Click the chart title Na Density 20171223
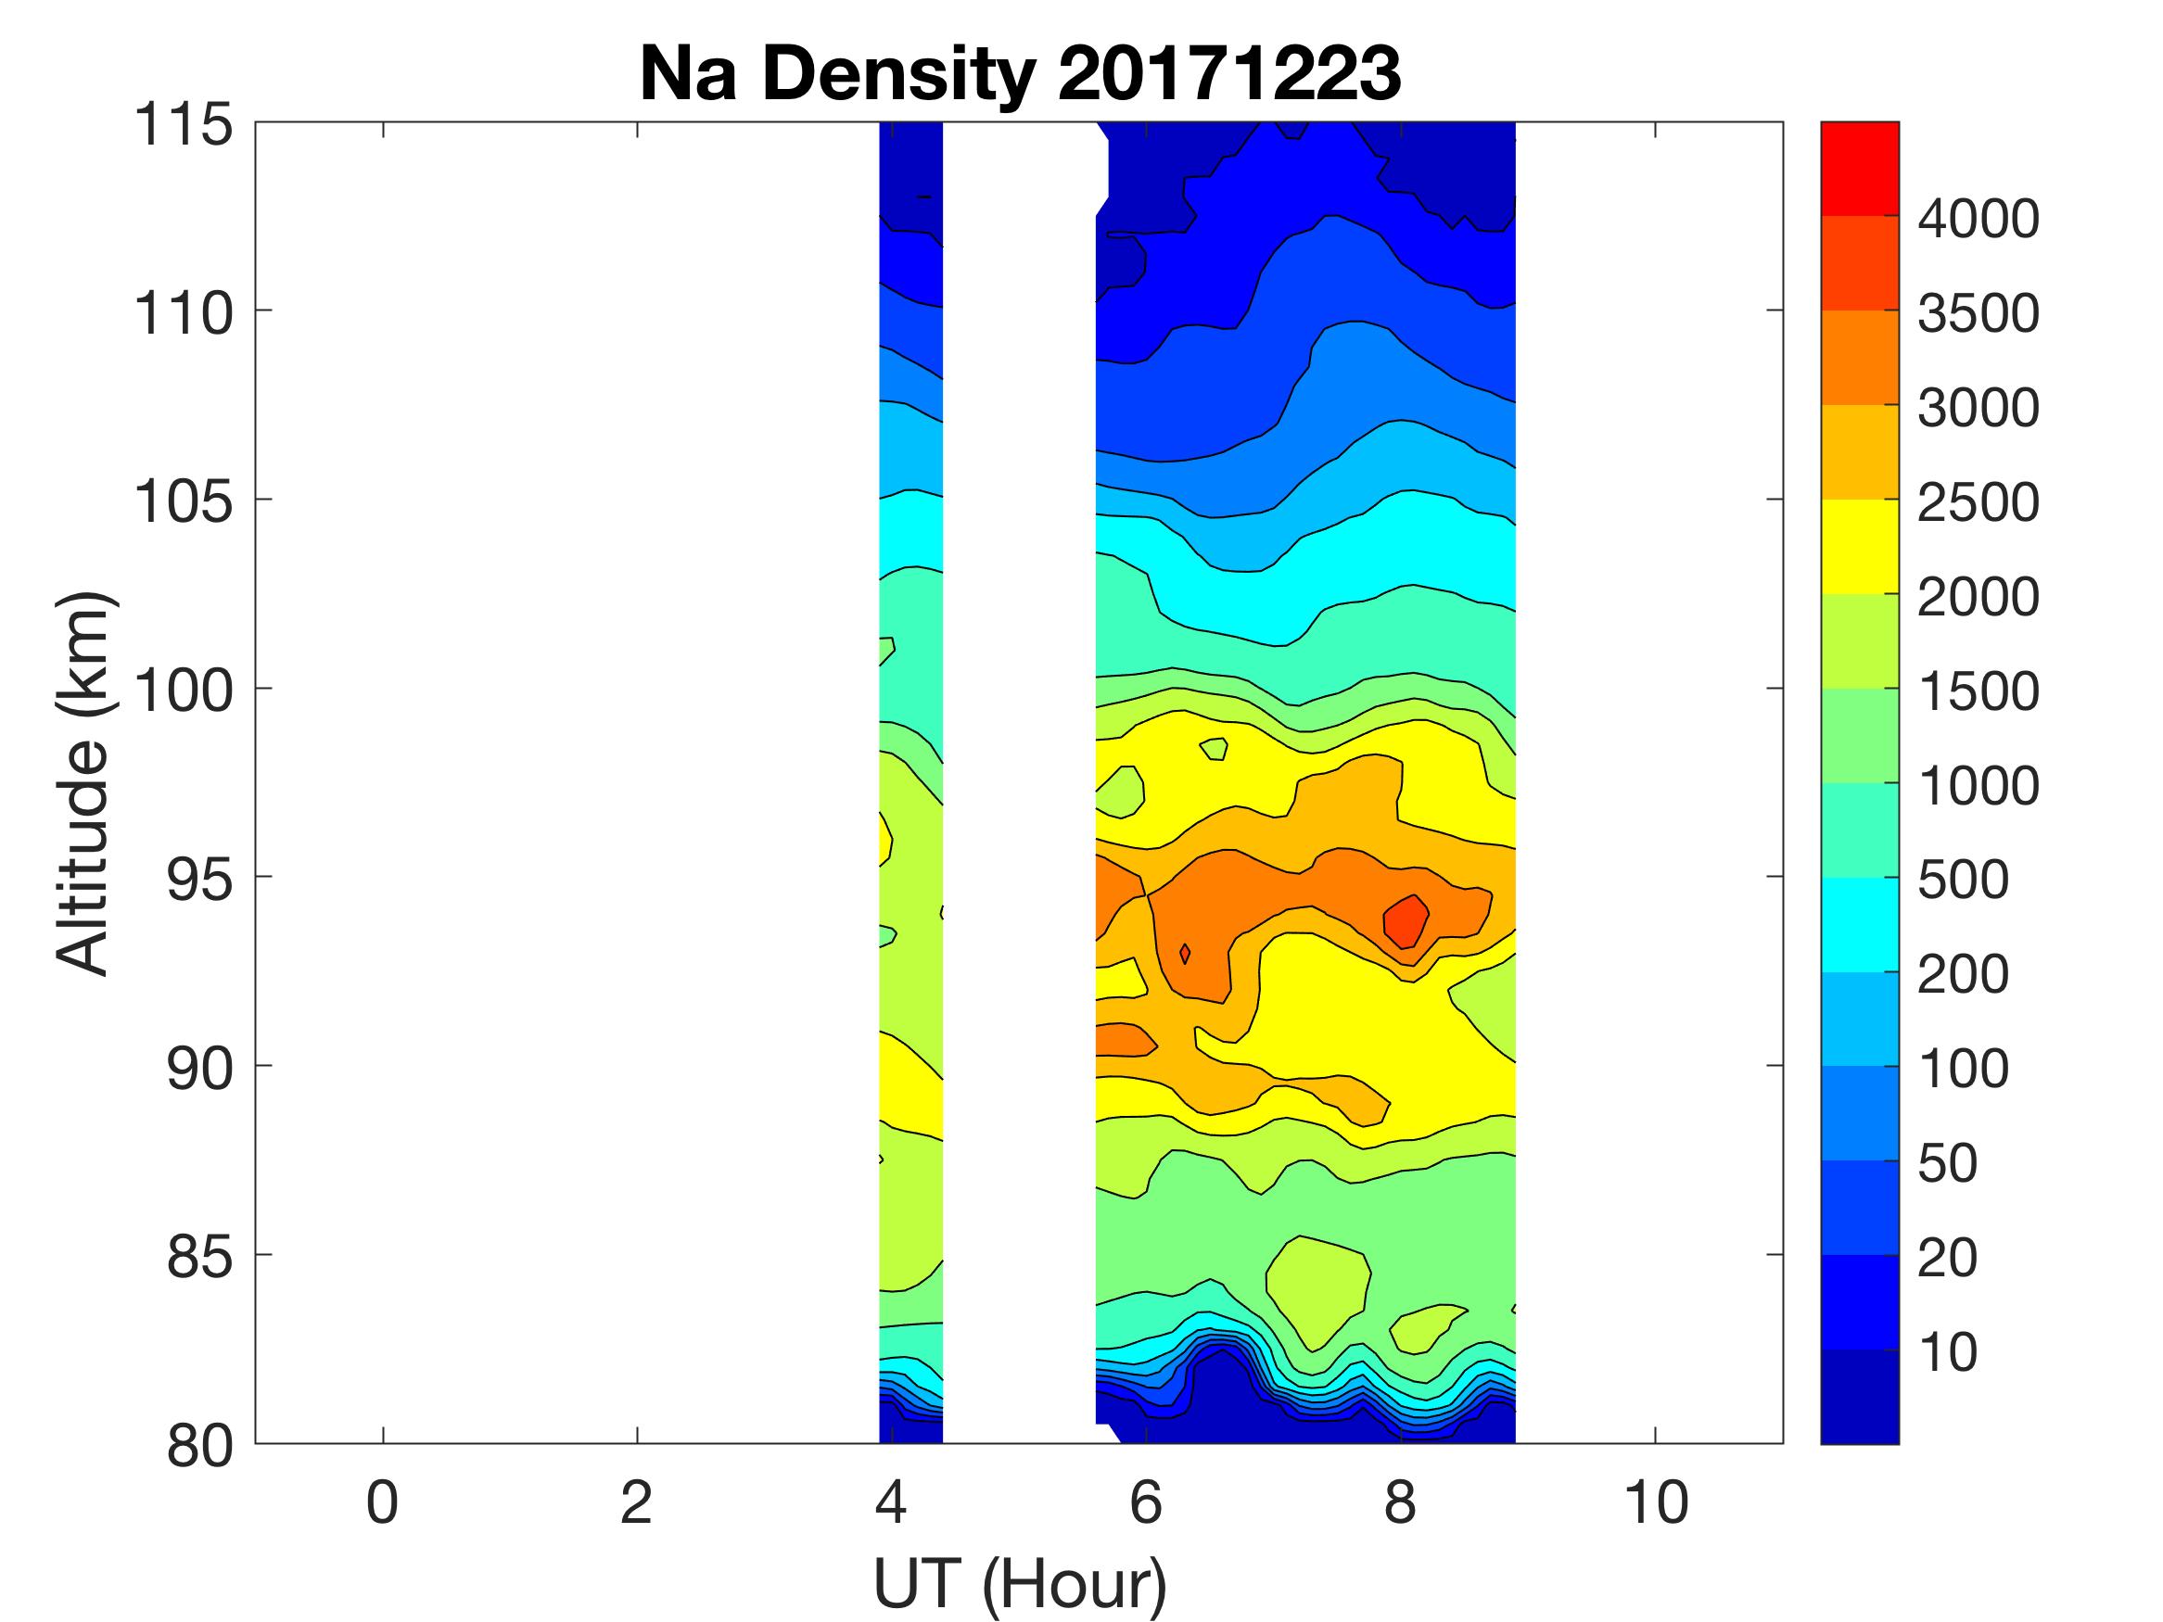pyautogui.click(x=1019, y=74)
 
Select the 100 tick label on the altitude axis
pyautogui.click(x=184, y=691)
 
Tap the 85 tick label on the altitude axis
pyautogui.click(x=199, y=1256)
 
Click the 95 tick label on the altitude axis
pyautogui.click(x=199, y=879)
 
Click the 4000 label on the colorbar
pyautogui.click(x=1978, y=219)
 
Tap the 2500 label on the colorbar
pyautogui.click(x=1978, y=502)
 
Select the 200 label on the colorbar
pyautogui.click(x=1963, y=974)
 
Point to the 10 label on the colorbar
pyautogui.click(x=1948, y=1351)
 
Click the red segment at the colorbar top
pyautogui.click(x=1859, y=168)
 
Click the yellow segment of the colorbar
pyautogui.click(x=1859, y=547)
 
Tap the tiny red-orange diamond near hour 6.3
pyautogui.click(x=1185, y=953)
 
